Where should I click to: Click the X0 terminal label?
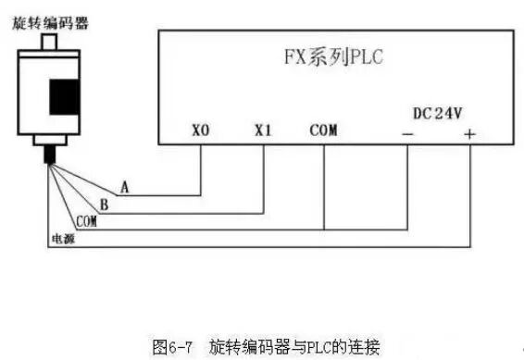[x=201, y=130]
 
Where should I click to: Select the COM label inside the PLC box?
[x=324, y=130]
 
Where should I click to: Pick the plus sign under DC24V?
[x=469, y=133]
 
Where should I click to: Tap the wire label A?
[x=124, y=187]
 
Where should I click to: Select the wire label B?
[x=105, y=204]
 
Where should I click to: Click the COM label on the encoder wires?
[x=86, y=221]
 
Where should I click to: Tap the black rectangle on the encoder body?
[x=65, y=95]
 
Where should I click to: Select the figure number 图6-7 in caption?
[x=172, y=347]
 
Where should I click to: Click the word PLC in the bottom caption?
[x=326, y=347]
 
